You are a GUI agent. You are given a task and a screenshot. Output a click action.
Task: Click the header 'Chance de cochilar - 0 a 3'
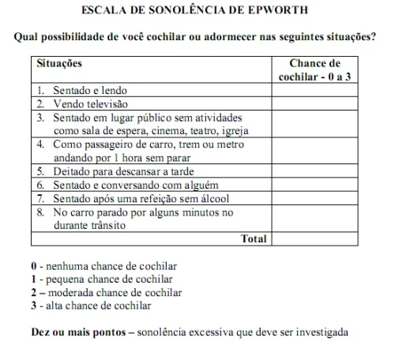pos(314,69)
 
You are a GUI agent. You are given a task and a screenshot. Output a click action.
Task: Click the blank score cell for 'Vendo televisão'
pos(314,103)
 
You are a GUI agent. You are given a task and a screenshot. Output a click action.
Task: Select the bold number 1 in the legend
pos(32,279)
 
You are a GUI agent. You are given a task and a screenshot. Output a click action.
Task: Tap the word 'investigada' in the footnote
pos(319,332)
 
